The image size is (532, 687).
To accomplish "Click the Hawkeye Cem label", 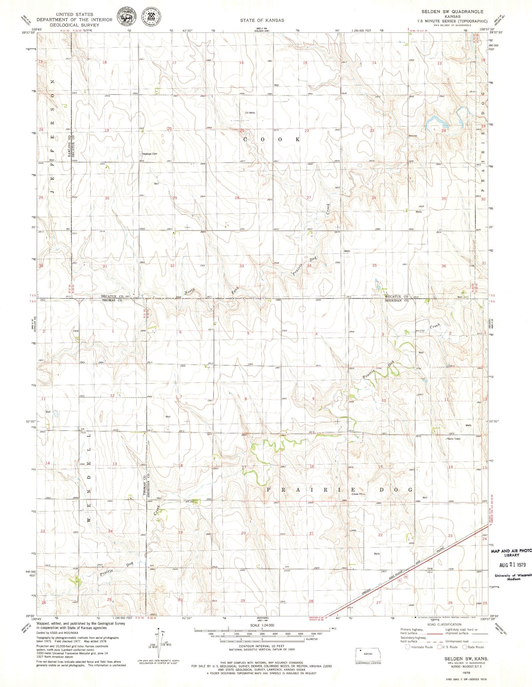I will [x=149, y=154].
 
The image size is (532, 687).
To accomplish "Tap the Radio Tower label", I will [x=454, y=439].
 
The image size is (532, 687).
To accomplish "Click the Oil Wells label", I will [x=250, y=113].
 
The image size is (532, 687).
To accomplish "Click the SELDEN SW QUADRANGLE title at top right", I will [x=452, y=12].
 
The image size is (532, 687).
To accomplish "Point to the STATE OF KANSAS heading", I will [x=262, y=20].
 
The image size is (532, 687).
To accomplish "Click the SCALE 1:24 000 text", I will [x=262, y=625].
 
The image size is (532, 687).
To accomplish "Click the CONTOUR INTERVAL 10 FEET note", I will [x=262, y=646].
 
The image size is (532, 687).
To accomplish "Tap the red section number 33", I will [x=242, y=266].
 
